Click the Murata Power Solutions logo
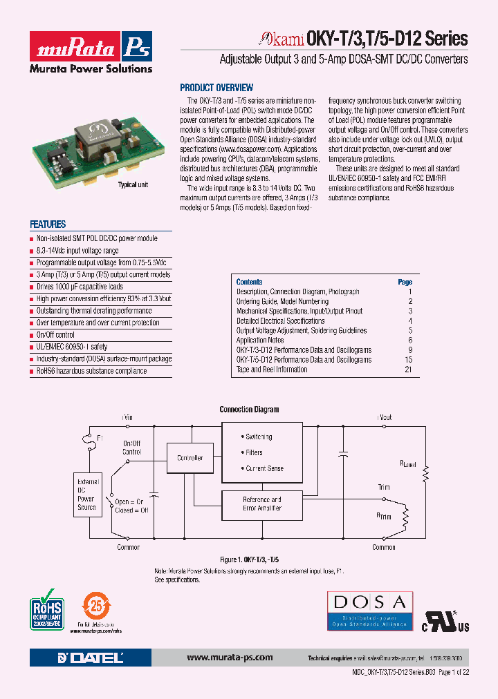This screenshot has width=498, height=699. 90,52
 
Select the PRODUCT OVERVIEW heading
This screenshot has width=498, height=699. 216,88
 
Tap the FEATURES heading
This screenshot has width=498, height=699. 48,224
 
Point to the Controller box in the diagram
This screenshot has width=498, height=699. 190,458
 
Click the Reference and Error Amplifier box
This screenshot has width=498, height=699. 261,504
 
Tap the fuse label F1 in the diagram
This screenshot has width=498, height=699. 100,438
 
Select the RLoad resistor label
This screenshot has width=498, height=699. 407,465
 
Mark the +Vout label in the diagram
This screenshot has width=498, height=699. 384,417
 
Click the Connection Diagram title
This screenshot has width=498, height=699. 249,410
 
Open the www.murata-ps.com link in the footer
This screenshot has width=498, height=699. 230,658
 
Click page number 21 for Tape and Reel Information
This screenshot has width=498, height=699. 408,370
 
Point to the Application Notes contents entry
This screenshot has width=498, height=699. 260,341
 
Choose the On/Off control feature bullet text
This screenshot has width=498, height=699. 55,335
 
